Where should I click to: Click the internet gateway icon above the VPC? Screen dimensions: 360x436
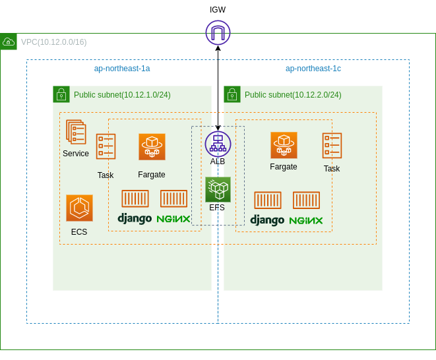(x=218, y=32)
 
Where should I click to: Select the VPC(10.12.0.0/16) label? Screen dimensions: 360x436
(x=53, y=42)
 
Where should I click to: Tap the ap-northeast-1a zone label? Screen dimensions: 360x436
(x=122, y=69)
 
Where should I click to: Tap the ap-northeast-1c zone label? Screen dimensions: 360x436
(x=313, y=69)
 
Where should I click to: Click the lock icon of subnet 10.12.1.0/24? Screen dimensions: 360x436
(x=61, y=94)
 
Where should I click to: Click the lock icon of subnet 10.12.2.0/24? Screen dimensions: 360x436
(x=232, y=94)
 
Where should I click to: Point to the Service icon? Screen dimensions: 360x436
(x=76, y=132)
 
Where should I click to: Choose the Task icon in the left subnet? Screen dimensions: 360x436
(x=106, y=146)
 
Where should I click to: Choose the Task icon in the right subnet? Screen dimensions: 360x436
(x=332, y=146)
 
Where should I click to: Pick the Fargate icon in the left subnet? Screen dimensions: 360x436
(x=152, y=147)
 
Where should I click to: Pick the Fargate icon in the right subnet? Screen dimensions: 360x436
(x=284, y=145)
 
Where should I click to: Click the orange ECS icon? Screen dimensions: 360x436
(x=79, y=208)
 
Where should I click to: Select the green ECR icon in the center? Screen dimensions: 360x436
(x=218, y=189)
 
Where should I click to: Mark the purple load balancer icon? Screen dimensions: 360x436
(x=218, y=144)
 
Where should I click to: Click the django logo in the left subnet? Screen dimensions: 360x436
(x=135, y=218)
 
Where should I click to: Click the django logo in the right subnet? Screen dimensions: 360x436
(x=267, y=220)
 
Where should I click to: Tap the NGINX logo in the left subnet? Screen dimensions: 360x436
(x=173, y=218)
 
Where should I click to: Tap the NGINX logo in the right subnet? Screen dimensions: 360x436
(x=306, y=220)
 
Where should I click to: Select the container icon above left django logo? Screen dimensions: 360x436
(x=135, y=198)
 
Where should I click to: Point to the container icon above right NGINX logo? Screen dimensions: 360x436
(x=306, y=200)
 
